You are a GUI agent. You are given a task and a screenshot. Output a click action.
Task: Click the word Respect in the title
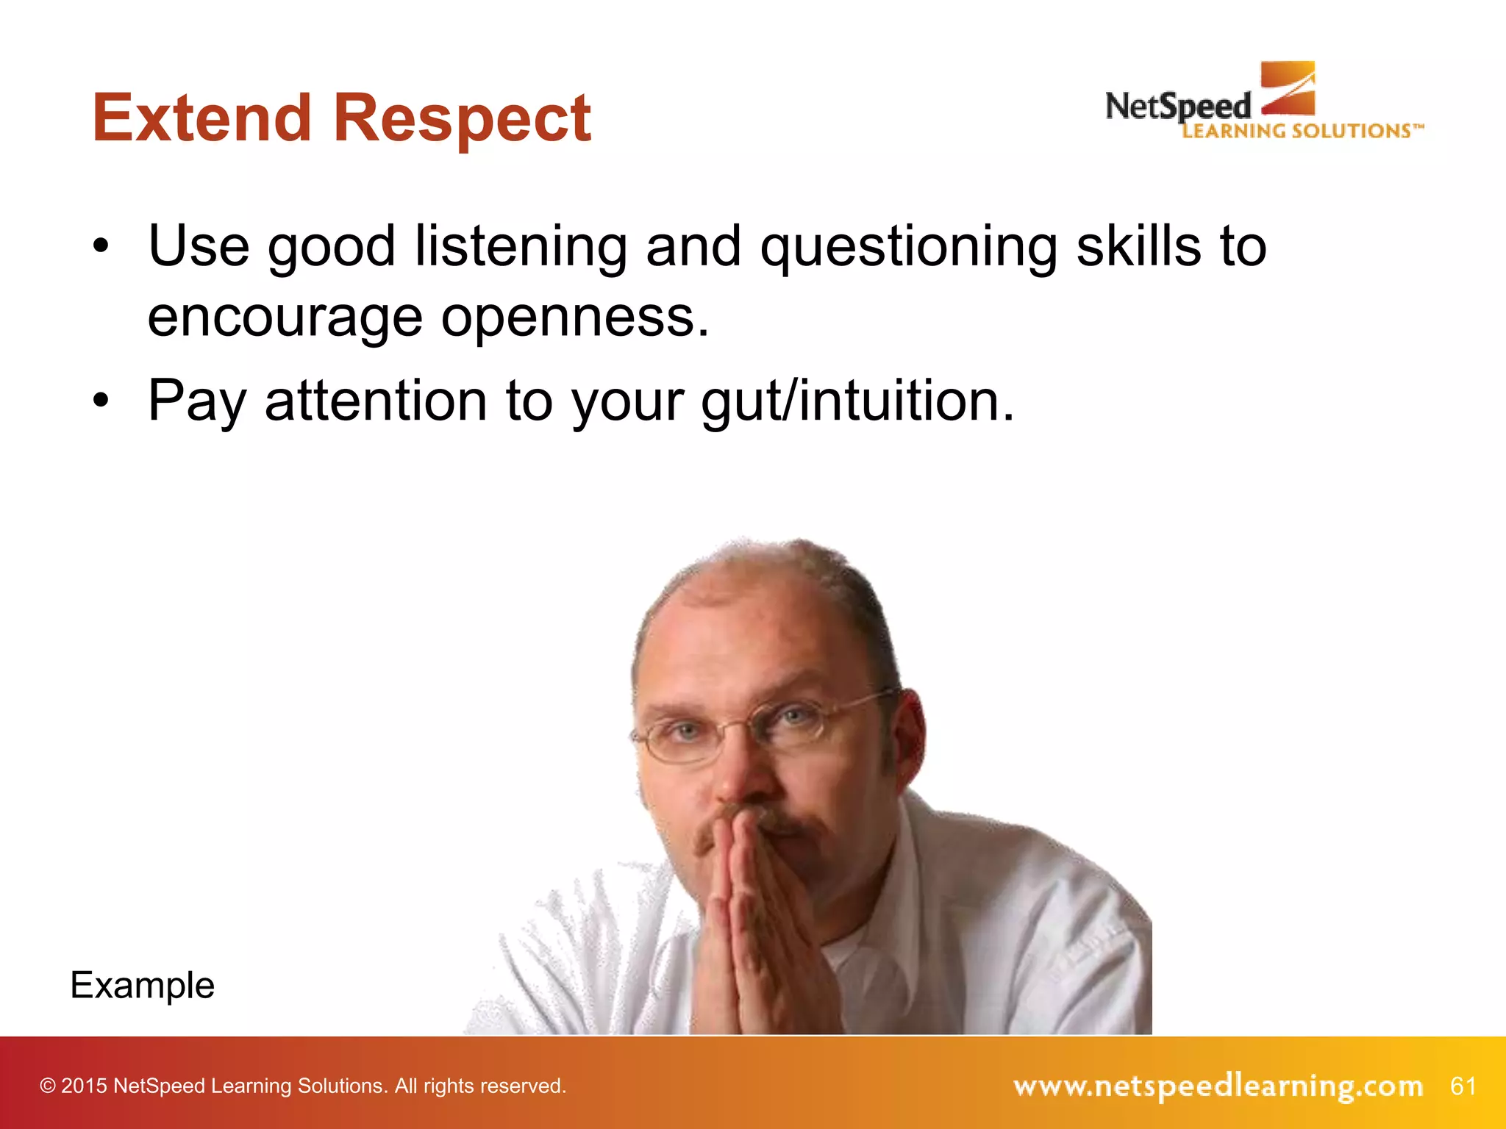point(462,119)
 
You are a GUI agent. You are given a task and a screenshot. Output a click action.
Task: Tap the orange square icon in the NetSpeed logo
point(1288,88)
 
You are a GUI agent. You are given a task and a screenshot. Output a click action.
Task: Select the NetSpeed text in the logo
point(1178,107)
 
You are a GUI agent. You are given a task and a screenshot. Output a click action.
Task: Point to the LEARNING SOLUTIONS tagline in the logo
point(1302,131)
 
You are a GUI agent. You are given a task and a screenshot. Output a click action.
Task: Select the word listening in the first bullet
point(521,247)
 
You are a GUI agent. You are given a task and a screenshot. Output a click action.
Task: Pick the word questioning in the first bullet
point(909,248)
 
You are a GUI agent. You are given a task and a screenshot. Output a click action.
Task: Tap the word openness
point(575,318)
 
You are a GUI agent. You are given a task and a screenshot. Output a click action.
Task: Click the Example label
point(143,985)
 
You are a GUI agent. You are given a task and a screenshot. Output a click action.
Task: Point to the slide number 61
point(1463,1086)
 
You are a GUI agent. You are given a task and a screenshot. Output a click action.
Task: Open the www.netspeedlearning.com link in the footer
point(1218,1086)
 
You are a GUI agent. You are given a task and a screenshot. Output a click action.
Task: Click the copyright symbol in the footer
point(48,1086)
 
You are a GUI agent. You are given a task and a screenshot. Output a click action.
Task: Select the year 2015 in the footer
point(85,1086)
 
